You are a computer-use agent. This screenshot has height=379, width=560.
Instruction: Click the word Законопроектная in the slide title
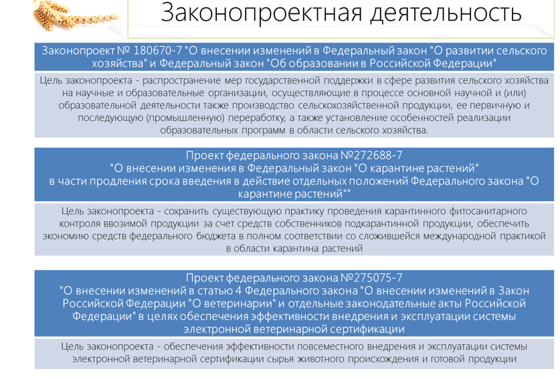coord(262,13)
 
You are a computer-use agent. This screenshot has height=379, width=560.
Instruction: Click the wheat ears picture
coord(76,14)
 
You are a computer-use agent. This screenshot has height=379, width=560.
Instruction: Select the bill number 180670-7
coord(157,51)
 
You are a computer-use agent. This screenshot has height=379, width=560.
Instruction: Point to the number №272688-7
coord(371,156)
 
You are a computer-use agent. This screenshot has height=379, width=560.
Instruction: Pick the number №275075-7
coord(371,278)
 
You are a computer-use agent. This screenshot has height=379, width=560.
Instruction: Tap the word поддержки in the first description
coord(344,81)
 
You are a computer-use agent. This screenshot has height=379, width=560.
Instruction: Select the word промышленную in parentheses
coord(186,118)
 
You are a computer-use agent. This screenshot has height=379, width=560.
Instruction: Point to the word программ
coord(263,130)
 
